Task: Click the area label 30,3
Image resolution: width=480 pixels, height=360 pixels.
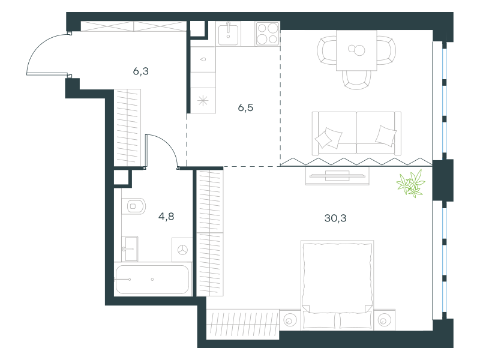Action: [x=335, y=218]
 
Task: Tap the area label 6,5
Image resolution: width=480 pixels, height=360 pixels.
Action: [x=245, y=108]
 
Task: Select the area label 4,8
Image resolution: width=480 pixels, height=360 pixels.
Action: [x=166, y=217]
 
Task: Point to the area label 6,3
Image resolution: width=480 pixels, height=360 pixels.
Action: [x=141, y=71]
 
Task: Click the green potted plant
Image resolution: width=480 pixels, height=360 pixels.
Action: [x=411, y=184]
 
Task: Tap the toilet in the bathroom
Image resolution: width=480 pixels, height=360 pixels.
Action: [x=133, y=206]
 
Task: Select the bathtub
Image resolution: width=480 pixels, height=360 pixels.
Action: [x=152, y=280]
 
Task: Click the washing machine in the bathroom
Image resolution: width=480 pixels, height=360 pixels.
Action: [x=182, y=250]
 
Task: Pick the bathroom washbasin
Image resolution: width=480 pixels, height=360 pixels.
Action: [x=130, y=249]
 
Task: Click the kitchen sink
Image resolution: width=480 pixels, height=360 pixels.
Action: [x=229, y=34]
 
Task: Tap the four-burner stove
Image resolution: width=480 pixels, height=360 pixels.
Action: [x=268, y=34]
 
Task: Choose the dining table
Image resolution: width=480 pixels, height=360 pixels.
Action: [x=356, y=50]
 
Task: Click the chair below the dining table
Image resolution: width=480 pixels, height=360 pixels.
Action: [x=356, y=80]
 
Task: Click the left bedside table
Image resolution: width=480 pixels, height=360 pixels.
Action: [x=290, y=320]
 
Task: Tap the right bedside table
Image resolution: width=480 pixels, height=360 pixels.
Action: [x=384, y=320]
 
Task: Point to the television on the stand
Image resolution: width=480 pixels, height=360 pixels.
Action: [x=337, y=176]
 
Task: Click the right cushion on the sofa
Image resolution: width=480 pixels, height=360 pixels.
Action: [x=386, y=136]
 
